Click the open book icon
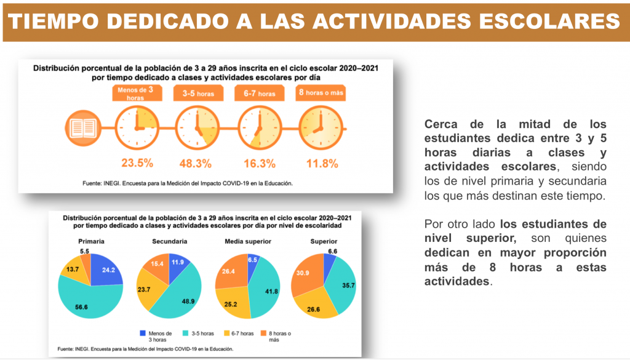(82, 128)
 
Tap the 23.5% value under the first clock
(136, 163)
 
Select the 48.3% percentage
(197, 164)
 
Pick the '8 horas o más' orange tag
(321, 94)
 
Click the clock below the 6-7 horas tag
(259, 128)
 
